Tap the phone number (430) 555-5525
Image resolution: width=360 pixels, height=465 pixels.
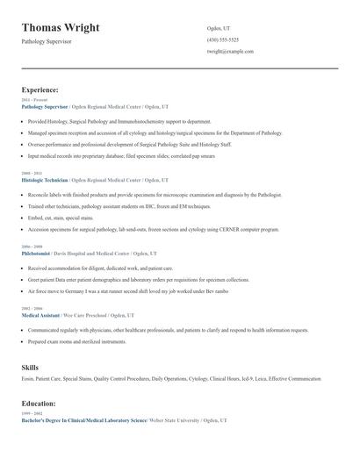pyautogui.click(x=222, y=40)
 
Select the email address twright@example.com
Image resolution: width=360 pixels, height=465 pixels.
pyautogui.click(x=230, y=52)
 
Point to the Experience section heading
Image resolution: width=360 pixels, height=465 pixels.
pyautogui.click(x=40, y=90)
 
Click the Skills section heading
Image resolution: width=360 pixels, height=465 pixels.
pyautogui.click(x=30, y=366)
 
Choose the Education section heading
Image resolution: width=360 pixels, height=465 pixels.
pyautogui.click(x=39, y=404)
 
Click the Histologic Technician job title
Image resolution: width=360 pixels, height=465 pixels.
pyautogui.click(x=45, y=179)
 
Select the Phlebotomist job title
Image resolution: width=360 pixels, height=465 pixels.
pyautogui.click(x=38, y=253)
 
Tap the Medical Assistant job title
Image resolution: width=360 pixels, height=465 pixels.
pyautogui.click(x=42, y=314)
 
